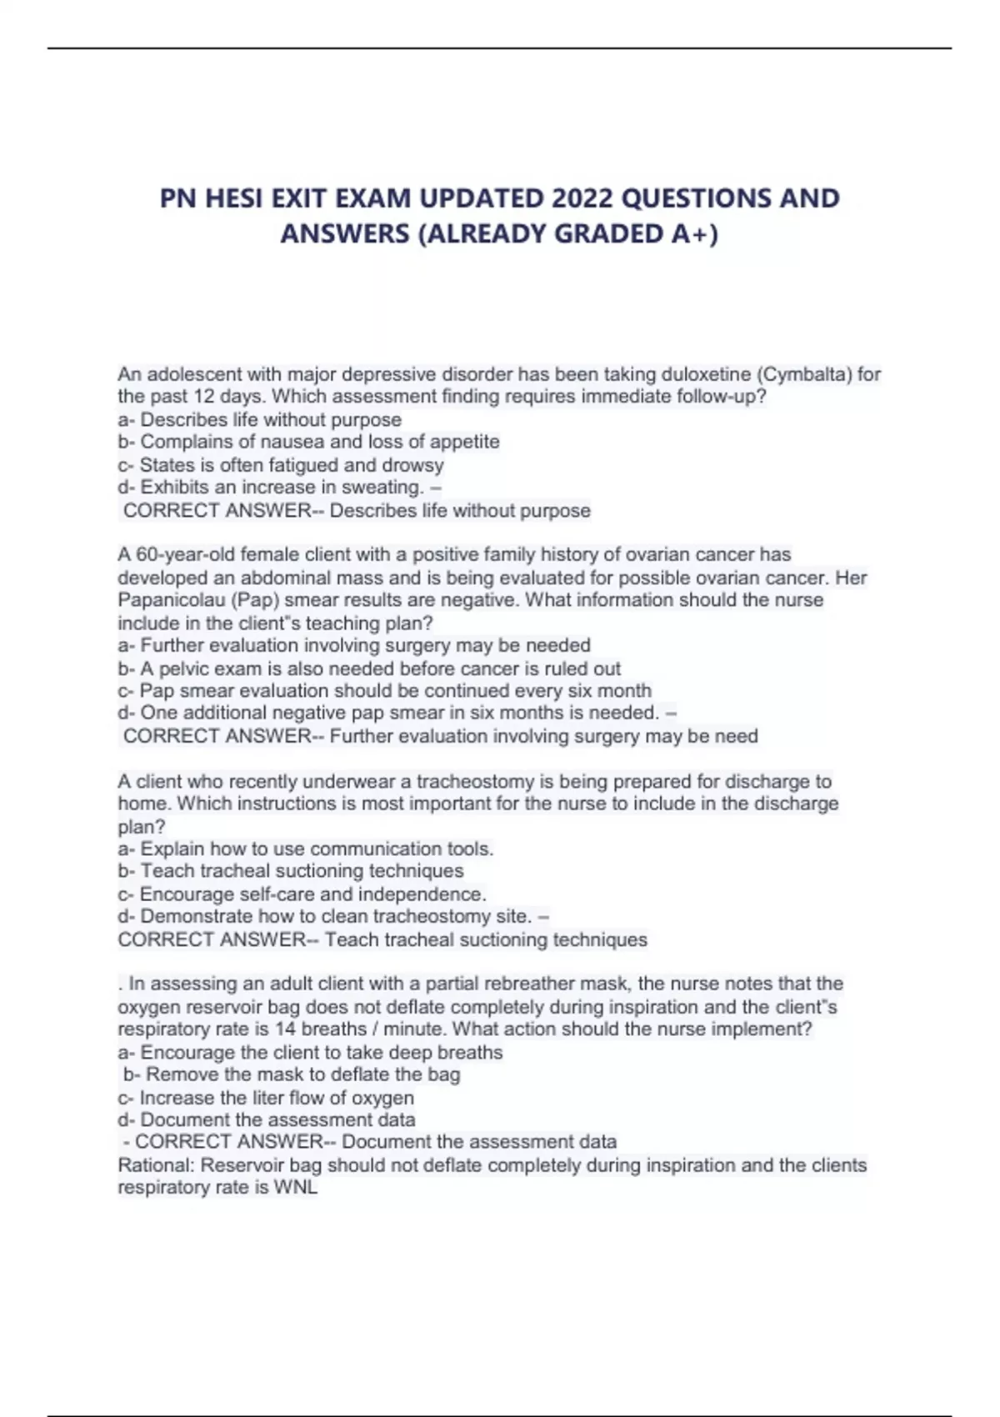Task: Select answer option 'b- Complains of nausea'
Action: [x=308, y=442]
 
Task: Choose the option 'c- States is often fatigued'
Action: [x=281, y=465]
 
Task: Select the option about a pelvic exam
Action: [x=369, y=668]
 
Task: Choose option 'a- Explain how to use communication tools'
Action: [x=306, y=849]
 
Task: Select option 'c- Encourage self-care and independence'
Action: [x=302, y=894]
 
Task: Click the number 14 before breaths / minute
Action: [x=286, y=1029]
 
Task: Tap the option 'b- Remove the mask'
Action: [x=292, y=1074]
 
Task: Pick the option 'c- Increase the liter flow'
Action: [x=266, y=1098]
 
